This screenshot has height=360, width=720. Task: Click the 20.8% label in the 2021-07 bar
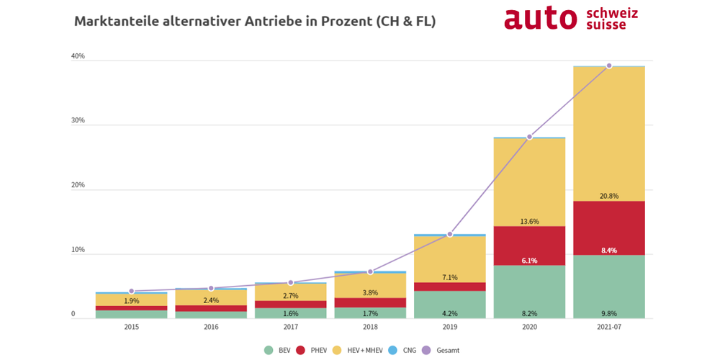point(609,196)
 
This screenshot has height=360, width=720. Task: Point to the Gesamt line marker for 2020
point(529,137)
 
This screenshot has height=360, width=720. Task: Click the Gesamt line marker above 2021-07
point(609,66)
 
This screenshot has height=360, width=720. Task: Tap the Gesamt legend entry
point(439,350)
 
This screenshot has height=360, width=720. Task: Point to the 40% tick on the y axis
point(78,56)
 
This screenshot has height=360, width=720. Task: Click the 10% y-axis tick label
point(78,250)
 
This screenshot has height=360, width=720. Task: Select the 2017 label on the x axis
point(290,326)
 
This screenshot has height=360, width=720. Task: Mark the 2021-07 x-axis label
point(609,326)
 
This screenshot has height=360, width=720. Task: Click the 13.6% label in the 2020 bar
point(529,221)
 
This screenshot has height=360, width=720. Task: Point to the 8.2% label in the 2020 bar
point(529,314)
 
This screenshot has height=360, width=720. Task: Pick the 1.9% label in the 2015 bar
point(131,300)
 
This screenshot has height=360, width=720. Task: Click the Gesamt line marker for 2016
point(211,288)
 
